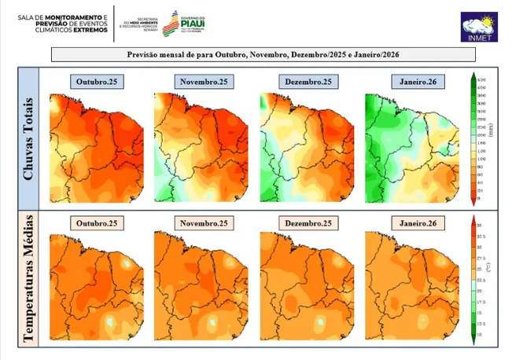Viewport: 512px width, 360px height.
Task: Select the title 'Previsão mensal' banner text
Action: coord(263,55)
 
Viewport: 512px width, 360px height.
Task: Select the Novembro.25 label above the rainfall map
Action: coord(203,82)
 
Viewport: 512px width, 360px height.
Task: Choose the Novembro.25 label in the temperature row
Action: coord(203,223)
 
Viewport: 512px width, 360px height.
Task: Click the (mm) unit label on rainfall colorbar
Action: coord(489,131)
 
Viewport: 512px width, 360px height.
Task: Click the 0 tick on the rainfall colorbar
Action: coord(480,199)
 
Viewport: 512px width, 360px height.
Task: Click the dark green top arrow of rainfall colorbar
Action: coord(472,77)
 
